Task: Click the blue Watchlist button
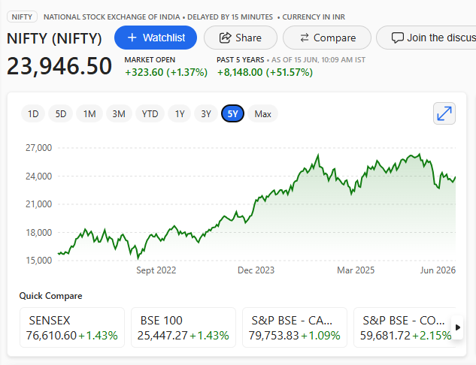coord(156,38)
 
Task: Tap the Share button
coord(241,38)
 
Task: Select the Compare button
coord(327,38)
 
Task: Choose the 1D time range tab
coord(33,113)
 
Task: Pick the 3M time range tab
coord(119,113)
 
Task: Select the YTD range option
coord(150,113)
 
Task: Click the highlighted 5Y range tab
coord(232,113)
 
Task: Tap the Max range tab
coord(262,113)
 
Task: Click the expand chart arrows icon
coord(444,113)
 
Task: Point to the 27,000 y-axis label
coord(38,148)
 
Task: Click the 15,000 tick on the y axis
coord(38,260)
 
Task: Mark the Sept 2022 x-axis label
coord(156,270)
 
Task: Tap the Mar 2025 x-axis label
coord(356,270)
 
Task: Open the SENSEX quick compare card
coord(72,327)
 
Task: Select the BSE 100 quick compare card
coord(183,327)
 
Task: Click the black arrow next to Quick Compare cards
coord(458,327)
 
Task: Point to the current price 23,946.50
coord(59,66)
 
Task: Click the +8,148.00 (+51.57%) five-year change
coord(265,72)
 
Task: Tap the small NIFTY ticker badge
coord(22,17)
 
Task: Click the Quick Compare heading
coord(50,296)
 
